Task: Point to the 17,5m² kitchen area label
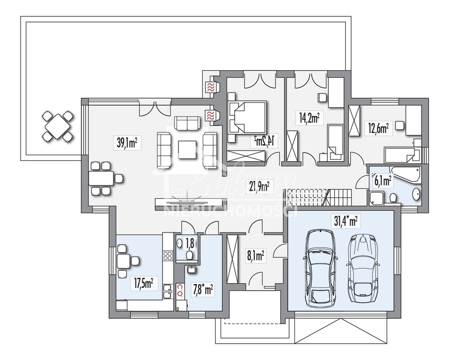143,283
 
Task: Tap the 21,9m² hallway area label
259,187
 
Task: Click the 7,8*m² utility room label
203,290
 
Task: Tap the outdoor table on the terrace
58,125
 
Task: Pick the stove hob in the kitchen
168,255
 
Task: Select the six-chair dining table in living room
101,178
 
